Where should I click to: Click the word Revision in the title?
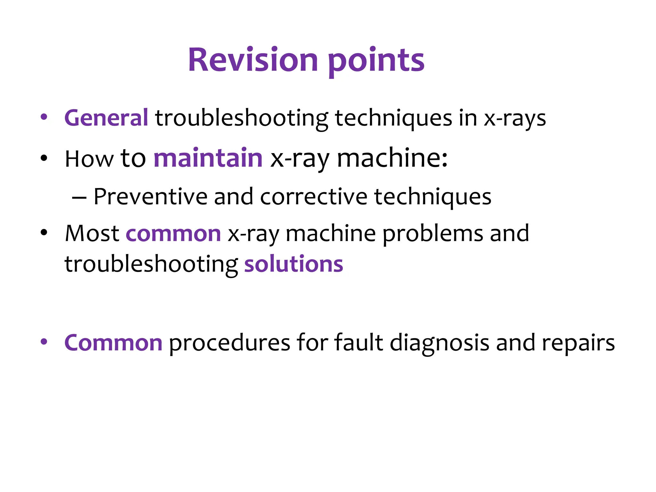[x=253, y=60]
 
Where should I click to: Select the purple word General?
[x=106, y=118]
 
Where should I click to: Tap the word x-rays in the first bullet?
[x=514, y=119]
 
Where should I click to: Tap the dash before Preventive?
[x=79, y=198]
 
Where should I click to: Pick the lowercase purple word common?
[x=173, y=234]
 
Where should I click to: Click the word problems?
[x=433, y=234]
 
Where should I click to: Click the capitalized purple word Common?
[x=113, y=343]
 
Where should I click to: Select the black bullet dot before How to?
[x=44, y=158]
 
